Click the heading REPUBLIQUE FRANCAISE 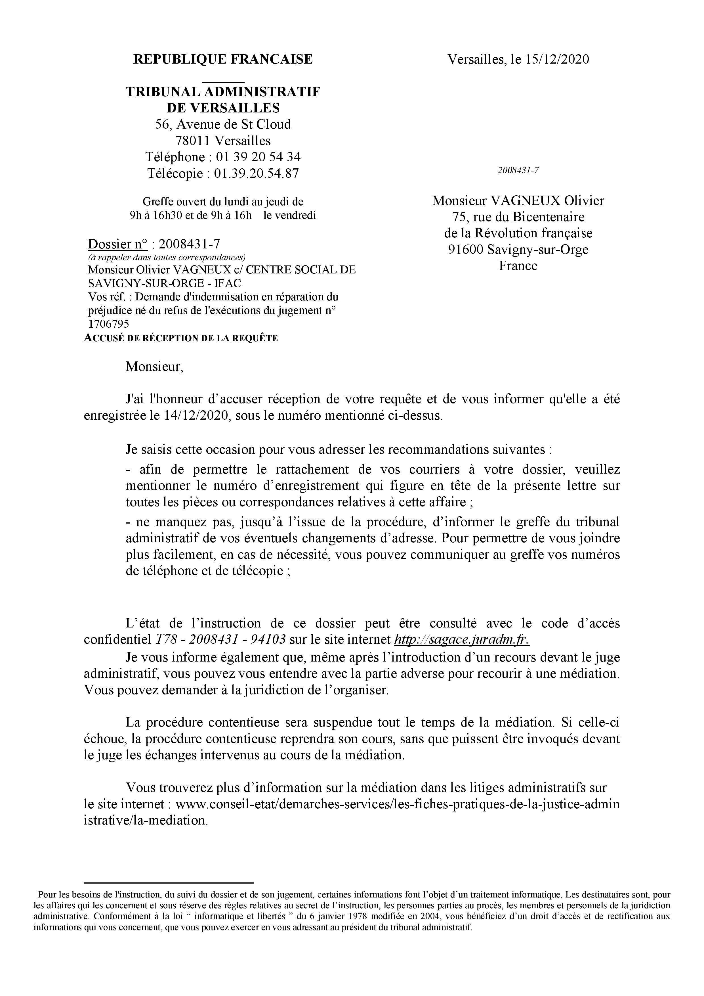[223, 59]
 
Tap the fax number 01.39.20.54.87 [256, 173]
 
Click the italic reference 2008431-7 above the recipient [518, 170]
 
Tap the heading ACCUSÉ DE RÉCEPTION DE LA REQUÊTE [181, 338]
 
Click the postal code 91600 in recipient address [466, 250]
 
